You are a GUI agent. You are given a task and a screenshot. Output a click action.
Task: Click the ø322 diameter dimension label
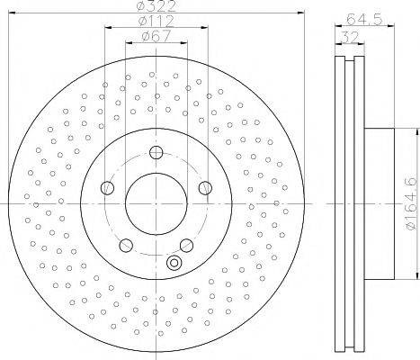[156, 5]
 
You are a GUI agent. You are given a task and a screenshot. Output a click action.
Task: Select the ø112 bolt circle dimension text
[156, 21]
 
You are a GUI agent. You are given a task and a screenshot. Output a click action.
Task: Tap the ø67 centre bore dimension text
[156, 36]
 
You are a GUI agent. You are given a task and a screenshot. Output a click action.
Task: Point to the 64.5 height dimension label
[364, 20]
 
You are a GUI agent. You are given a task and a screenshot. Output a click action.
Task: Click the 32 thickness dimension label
[350, 38]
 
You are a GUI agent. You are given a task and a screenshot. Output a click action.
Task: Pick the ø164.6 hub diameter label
[411, 204]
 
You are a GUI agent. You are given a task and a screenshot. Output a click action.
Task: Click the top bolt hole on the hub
[156, 152]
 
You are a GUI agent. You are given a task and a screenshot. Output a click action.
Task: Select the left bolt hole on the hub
[107, 188]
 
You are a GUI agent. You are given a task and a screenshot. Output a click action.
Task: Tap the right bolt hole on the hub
[205, 188]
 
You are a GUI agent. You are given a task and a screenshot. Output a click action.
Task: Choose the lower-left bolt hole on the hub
[126, 246]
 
